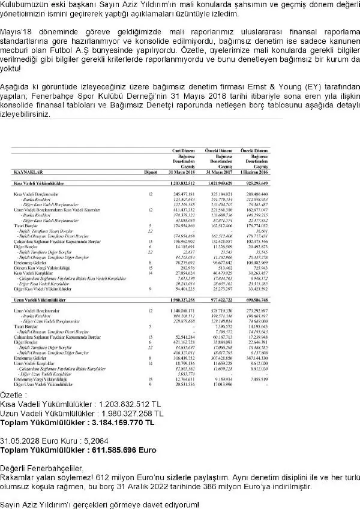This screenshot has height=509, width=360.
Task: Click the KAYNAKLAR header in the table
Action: [x=28, y=170]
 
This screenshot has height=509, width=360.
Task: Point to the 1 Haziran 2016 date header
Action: [x=253, y=170]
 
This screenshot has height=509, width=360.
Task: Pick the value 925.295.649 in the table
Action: [x=253, y=182]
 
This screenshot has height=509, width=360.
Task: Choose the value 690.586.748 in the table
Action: [x=253, y=298]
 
